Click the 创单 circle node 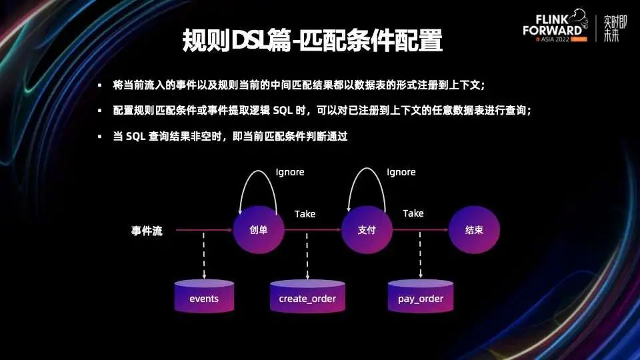[x=258, y=231]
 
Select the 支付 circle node [x=367, y=231]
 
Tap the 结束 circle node [x=474, y=231]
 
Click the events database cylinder [x=204, y=297]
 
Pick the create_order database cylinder [x=307, y=297]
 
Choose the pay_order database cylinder [x=421, y=297]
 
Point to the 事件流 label [x=147, y=231]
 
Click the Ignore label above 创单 [x=290, y=172]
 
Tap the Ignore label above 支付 [x=401, y=172]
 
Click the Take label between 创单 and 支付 [x=305, y=214]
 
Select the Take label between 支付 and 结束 [x=413, y=213]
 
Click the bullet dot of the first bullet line [x=99, y=85]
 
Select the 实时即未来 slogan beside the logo [x=611, y=28]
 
